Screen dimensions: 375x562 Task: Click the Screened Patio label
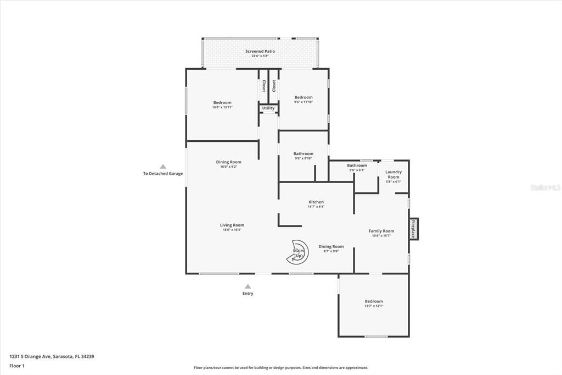260,51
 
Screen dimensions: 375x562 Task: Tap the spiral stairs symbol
299,252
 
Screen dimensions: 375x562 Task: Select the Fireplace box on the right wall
413,229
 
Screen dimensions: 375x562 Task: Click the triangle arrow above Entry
248,286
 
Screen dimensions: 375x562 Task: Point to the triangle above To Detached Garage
163,166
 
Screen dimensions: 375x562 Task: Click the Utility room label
268,108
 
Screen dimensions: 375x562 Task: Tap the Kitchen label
316,202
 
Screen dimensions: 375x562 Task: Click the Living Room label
232,225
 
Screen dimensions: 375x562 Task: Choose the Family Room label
381,231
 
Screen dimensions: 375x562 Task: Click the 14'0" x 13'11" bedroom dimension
222,107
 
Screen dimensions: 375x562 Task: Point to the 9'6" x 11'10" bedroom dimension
304,102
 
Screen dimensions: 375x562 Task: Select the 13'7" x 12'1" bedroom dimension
374,306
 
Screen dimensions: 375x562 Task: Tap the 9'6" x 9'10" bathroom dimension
304,158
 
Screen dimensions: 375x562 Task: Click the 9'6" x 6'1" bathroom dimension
357,170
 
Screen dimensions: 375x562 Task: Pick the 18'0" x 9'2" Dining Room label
229,162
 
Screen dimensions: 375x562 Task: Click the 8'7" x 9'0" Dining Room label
331,246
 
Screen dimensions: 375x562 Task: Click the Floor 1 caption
17,365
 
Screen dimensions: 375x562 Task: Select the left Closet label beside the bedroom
264,86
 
